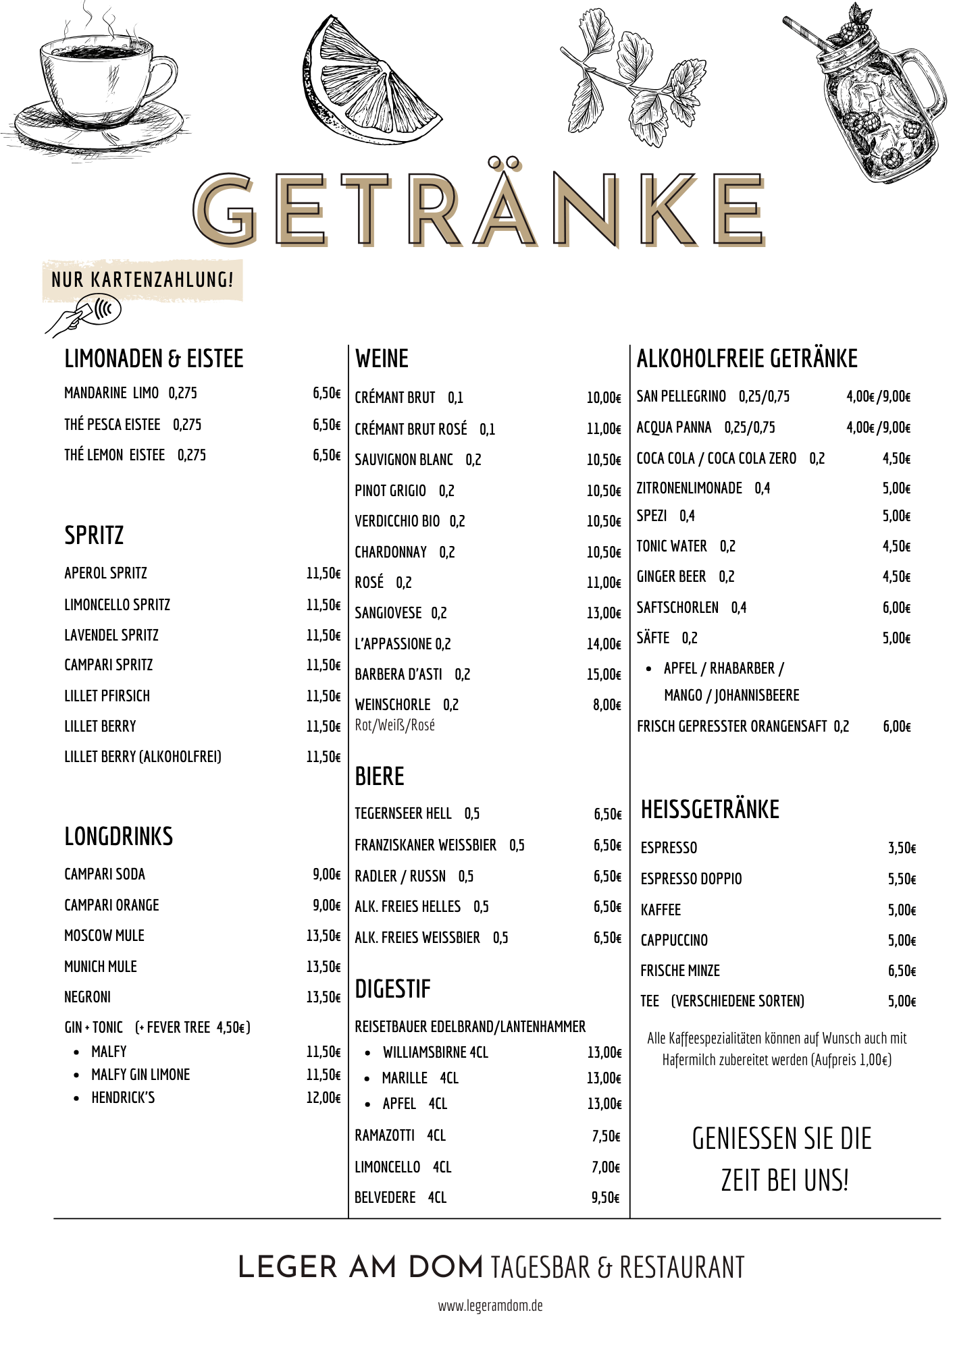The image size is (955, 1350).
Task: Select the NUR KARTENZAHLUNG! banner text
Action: [143, 279]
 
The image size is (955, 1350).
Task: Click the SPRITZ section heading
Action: [94, 535]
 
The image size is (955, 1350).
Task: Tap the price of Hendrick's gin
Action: [323, 1098]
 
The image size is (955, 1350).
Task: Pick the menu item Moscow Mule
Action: [104, 936]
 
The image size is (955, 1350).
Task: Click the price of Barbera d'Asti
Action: [603, 674]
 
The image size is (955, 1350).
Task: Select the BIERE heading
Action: [380, 777]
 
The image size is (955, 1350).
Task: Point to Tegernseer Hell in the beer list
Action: [403, 813]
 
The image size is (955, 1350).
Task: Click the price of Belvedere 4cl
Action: [605, 1197]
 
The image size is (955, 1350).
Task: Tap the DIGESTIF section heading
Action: [392, 990]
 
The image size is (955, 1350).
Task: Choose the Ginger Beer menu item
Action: [671, 576]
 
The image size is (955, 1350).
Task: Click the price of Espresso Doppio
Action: [902, 879]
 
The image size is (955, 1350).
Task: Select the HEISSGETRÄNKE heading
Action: [710, 809]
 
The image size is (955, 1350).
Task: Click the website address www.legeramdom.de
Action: [490, 1305]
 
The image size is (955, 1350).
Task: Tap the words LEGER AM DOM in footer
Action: [361, 1268]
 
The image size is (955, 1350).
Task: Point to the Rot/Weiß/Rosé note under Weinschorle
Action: [395, 725]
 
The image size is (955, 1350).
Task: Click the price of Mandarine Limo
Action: [326, 393]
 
